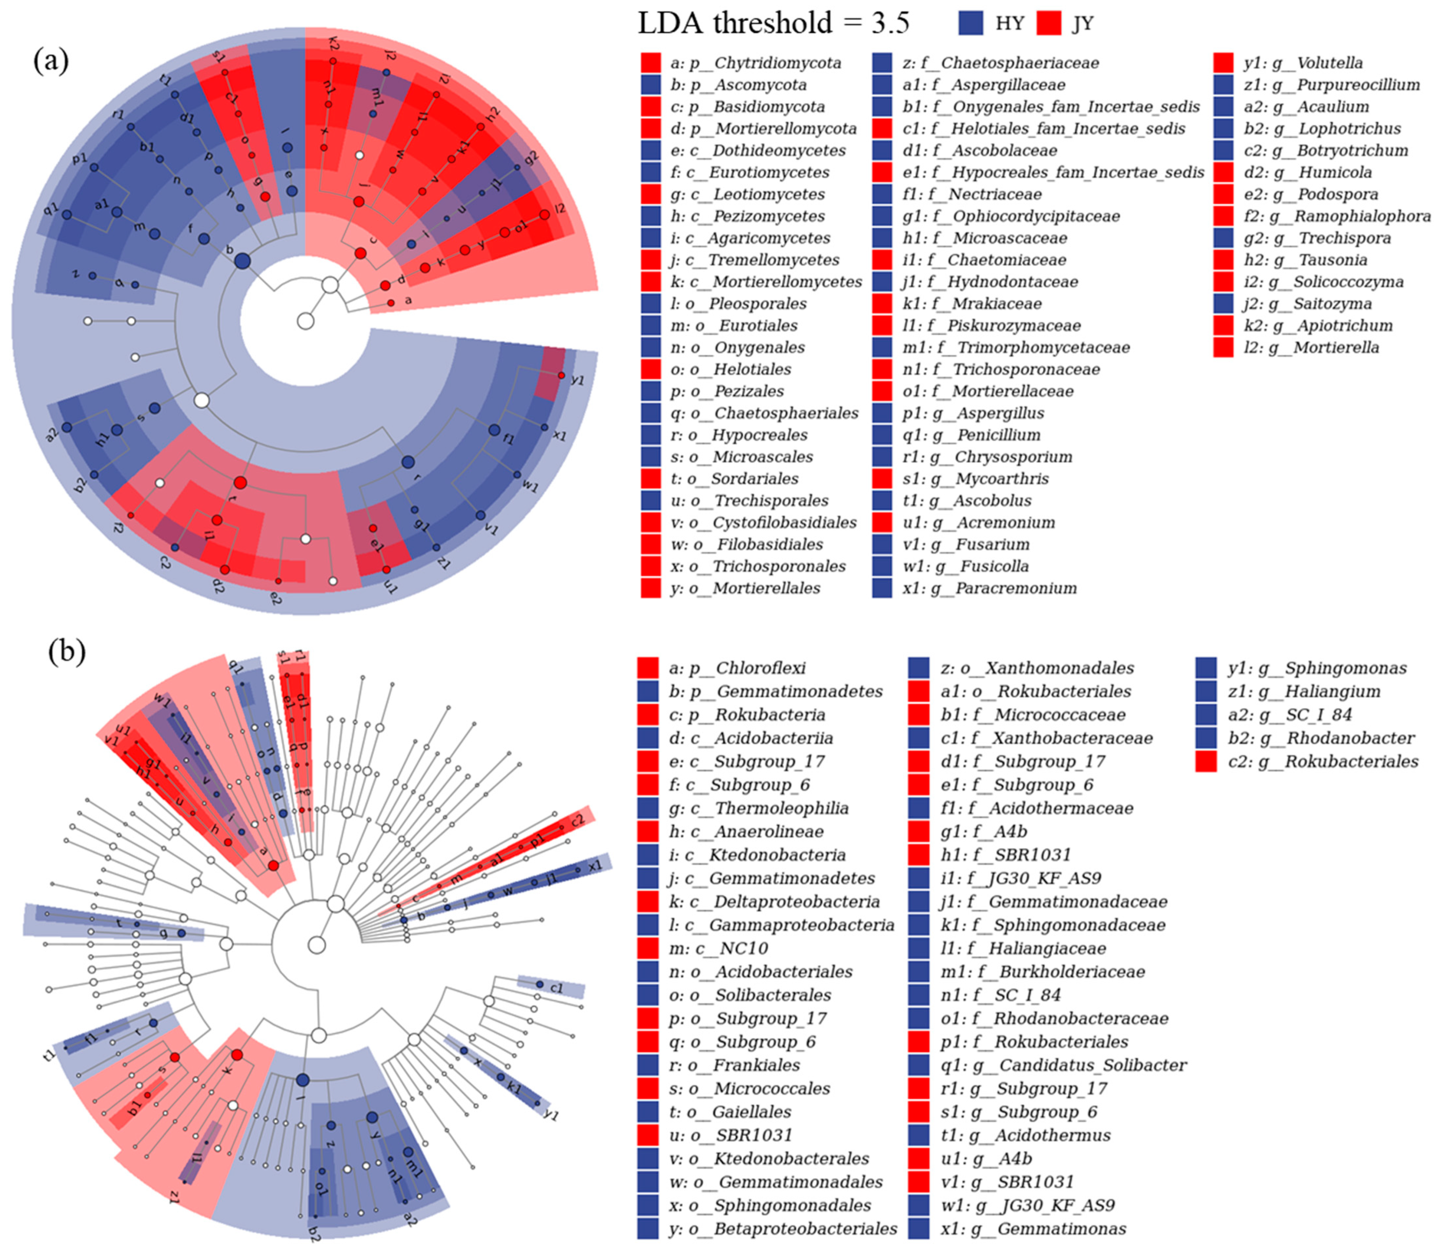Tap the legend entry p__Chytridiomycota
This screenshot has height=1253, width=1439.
pyautogui.click(x=755, y=63)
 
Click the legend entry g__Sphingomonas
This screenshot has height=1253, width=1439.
pyautogui.click(x=1317, y=668)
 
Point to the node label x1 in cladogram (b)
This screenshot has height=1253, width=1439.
pyautogui.click(x=595, y=866)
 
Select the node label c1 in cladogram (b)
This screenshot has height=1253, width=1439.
pyautogui.click(x=557, y=988)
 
